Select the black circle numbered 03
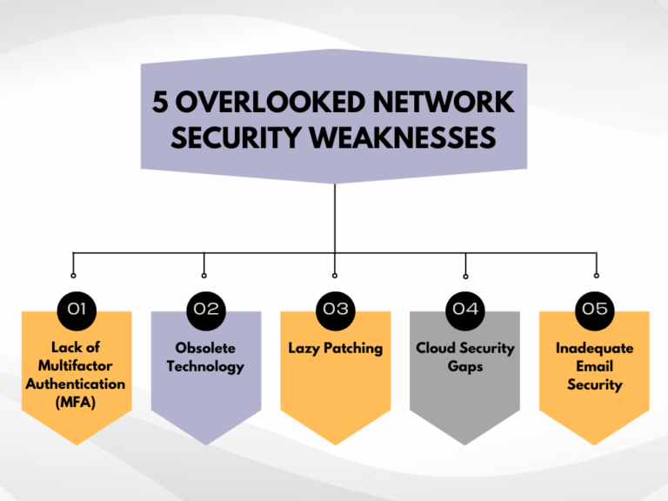point(335,309)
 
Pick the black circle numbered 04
point(465,309)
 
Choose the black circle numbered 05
point(595,309)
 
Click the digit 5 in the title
point(161,103)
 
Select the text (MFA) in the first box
point(76,402)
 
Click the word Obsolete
point(205,348)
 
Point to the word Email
point(595,366)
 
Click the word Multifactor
point(76,366)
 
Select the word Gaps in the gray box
point(465,366)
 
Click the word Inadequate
point(595,348)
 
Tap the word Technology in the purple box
point(205,366)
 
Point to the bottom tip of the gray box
point(465,444)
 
